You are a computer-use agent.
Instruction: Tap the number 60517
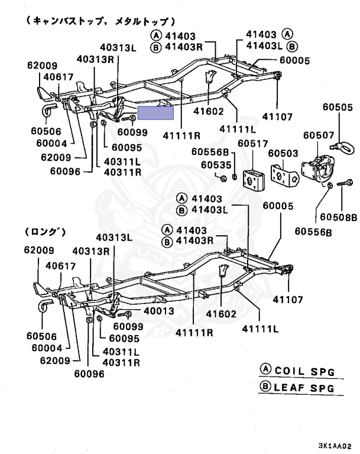[x=252, y=143]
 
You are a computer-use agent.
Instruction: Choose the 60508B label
[x=343, y=218]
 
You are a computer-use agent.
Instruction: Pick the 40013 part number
[x=157, y=311]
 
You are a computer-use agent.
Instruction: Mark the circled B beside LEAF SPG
[x=266, y=387]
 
